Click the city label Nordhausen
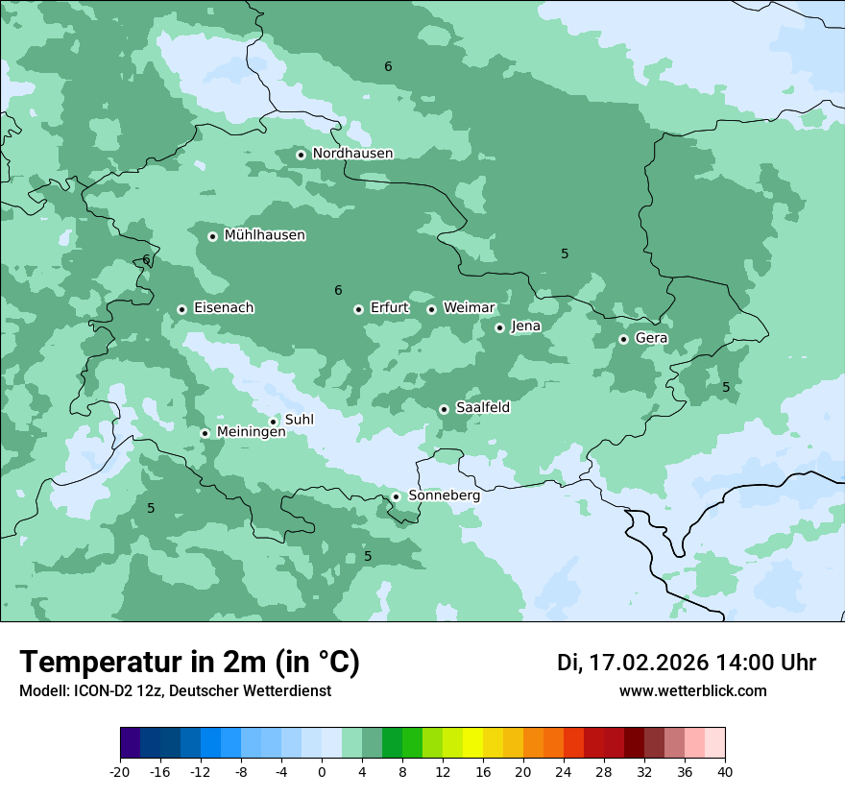(352, 154)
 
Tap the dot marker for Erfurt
(358, 309)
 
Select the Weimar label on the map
(469, 308)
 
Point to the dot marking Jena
(499, 327)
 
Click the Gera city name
(651, 338)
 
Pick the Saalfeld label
(482, 408)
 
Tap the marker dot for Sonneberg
(396, 496)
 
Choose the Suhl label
(299, 421)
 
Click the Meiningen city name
(251, 432)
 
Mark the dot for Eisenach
(181, 309)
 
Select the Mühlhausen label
(264, 235)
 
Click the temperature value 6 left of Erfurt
(338, 291)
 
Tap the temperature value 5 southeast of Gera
(726, 388)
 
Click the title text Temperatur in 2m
(144, 663)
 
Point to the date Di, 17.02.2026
(632, 663)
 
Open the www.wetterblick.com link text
(692, 691)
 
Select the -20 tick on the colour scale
(120, 771)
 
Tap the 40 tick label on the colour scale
(725, 771)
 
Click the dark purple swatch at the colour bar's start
(131, 743)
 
